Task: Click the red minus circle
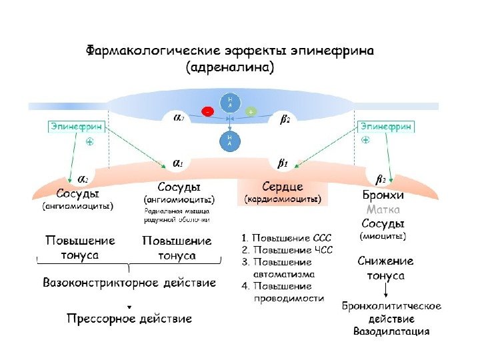tap(208, 112)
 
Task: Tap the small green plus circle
tap(251, 112)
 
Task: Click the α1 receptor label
tap(179, 163)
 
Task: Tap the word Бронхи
tap(383, 196)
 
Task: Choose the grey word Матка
tap(383, 209)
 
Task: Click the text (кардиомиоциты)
tap(283, 199)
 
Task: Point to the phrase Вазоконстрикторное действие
tap(129, 283)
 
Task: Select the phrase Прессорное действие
tap(129, 319)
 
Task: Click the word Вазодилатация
tap(391, 331)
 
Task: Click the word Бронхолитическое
tap(391, 306)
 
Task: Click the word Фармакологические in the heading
tap(153, 51)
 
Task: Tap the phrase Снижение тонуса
tap(386, 268)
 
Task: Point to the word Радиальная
tap(163, 211)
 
